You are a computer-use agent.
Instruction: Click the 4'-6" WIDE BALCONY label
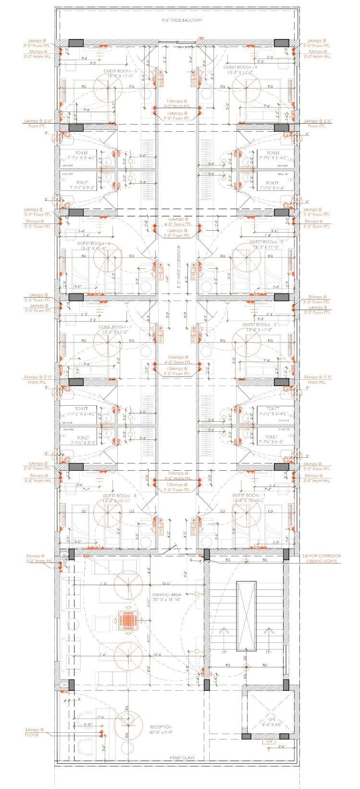click(x=181, y=21)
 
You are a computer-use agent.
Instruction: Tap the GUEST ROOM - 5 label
click(x=120, y=71)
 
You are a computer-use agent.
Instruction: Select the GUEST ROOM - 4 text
click(x=240, y=67)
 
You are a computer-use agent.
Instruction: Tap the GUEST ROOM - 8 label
click(x=120, y=496)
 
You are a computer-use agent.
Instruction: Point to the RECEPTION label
click(x=161, y=726)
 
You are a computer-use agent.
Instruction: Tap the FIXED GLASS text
click(x=182, y=758)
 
